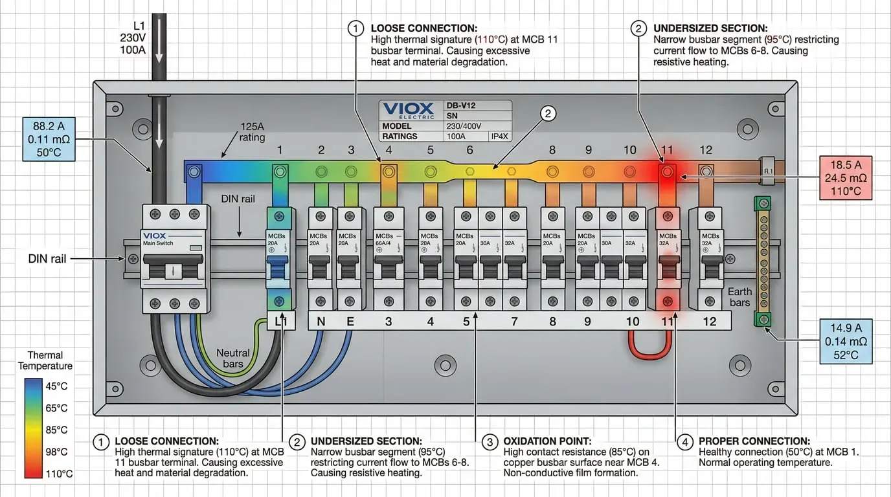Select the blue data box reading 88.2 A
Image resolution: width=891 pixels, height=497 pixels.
[x=49, y=139]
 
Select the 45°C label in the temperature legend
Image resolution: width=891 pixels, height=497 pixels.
[x=56, y=386]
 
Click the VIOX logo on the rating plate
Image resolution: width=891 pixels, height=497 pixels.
[x=408, y=110]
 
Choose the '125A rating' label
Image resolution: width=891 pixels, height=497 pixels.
[x=252, y=132]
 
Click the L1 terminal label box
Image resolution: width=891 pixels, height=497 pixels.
[x=281, y=321]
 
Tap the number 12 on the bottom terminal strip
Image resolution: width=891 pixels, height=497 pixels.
[x=710, y=321]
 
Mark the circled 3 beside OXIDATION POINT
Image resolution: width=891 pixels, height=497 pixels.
[x=490, y=443]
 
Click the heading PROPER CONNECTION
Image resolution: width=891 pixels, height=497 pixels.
[x=754, y=441]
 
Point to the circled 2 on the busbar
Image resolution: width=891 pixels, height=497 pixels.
[x=548, y=115]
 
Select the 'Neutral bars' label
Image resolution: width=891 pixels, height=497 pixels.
[x=232, y=358]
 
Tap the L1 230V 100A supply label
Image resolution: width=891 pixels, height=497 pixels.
[x=133, y=38]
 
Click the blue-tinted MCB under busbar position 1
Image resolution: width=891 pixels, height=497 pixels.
[x=279, y=259]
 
